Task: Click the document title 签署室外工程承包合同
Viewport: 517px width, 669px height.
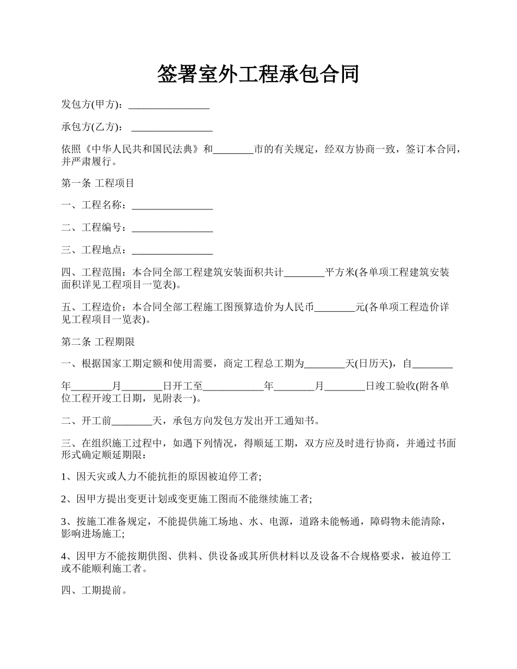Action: click(258, 74)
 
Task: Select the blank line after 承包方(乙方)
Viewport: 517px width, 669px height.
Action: click(172, 128)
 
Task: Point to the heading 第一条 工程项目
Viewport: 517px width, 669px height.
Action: click(98, 183)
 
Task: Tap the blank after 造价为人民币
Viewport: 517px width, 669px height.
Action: click(335, 308)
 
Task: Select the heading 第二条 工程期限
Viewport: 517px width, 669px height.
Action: click(98, 342)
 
